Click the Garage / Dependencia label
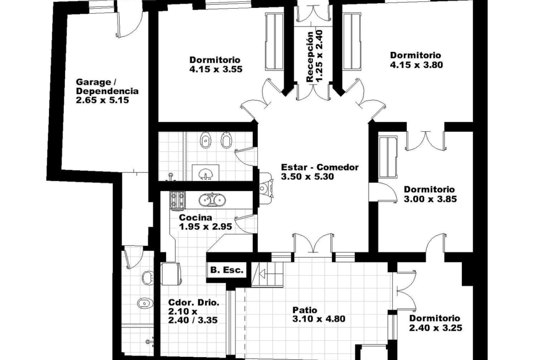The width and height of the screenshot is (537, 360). pos(107,87)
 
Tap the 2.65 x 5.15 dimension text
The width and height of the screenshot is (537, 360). pos(102,100)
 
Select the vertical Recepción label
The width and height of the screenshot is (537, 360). pos(310,57)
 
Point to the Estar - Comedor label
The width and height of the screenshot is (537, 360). pos(320,167)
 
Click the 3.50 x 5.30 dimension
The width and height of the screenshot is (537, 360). pos(308,177)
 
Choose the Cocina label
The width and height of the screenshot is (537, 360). pos(196,218)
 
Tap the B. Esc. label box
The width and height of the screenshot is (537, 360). pos(227,270)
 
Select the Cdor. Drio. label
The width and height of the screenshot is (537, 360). pos(194,303)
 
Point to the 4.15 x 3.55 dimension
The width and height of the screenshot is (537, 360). pos(216,69)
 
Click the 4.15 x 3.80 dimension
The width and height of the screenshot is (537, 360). pos(416,64)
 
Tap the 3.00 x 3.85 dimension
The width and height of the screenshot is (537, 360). pos(430,199)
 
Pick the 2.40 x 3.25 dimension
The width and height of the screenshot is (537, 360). pos(436,327)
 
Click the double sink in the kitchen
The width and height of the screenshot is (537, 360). pos(212,199)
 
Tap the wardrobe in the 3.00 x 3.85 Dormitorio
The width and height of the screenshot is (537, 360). pos(388,157)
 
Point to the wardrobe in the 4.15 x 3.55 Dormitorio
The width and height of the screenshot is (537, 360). pos(274,42)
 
